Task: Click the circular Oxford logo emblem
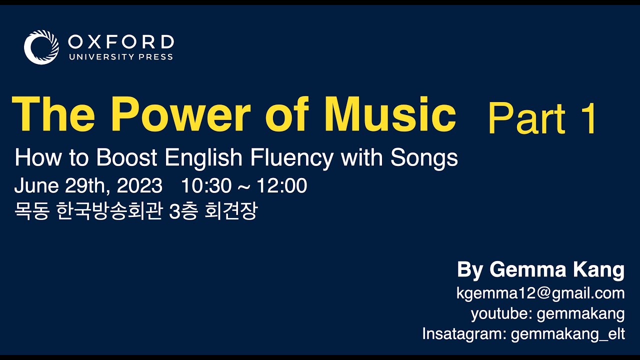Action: pyautogui.click(x=41, y=47)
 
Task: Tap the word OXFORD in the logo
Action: pyautogui.click(x=120, y=41)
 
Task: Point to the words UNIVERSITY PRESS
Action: pyautogui.click(x=120, y=57)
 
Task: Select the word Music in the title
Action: pyautogui.click(x=389, y=114)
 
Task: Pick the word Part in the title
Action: pyautogui.click(x=526, y=119)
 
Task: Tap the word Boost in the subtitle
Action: pyautogui.click(x=127, y=158)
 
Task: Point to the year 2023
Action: pyautogui.click(x=139, y=186)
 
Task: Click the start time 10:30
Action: pyautogui.click(x=206, y=186)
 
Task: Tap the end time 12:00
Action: pyautogui.click(x=282, y=186)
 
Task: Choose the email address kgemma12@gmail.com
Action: pyautogui.click(x=540, y=293)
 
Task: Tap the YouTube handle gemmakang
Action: pyautogui.click(x=580, y=314)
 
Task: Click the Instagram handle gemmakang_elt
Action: pyautogui.click(x=567, y=334)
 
